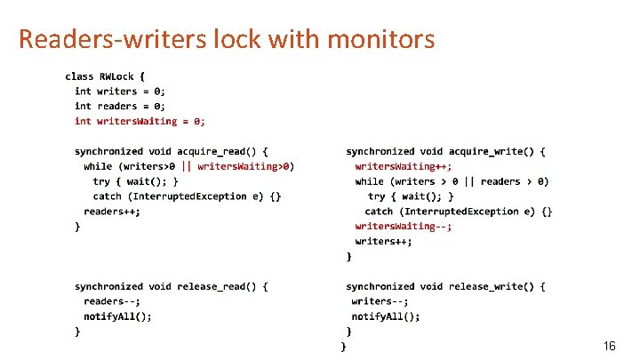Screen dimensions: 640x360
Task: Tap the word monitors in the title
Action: click(382, 39)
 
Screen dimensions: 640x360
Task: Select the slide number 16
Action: click(609, 345)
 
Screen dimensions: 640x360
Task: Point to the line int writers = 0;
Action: click(120, 91)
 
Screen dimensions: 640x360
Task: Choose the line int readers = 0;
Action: click(120, 106)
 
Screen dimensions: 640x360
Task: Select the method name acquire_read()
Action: click(218, 151)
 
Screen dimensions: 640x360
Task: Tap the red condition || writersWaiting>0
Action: click(237, 166)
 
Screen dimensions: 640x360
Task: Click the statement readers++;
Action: click(112, 211)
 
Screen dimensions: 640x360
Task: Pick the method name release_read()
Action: click(218, 286)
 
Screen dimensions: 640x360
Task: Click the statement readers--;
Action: click(112, 301)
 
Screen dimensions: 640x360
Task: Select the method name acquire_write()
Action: click(492, 151)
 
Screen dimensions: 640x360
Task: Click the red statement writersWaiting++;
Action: click(403, 166)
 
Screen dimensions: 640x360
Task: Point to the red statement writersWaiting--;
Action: click(403, 226)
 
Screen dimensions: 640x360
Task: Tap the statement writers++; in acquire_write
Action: click(383, 241)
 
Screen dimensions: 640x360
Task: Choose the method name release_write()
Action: click(492, 286)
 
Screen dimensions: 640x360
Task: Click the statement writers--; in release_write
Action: click(380, 301)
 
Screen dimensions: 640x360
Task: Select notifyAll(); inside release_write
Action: click(386, 316)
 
